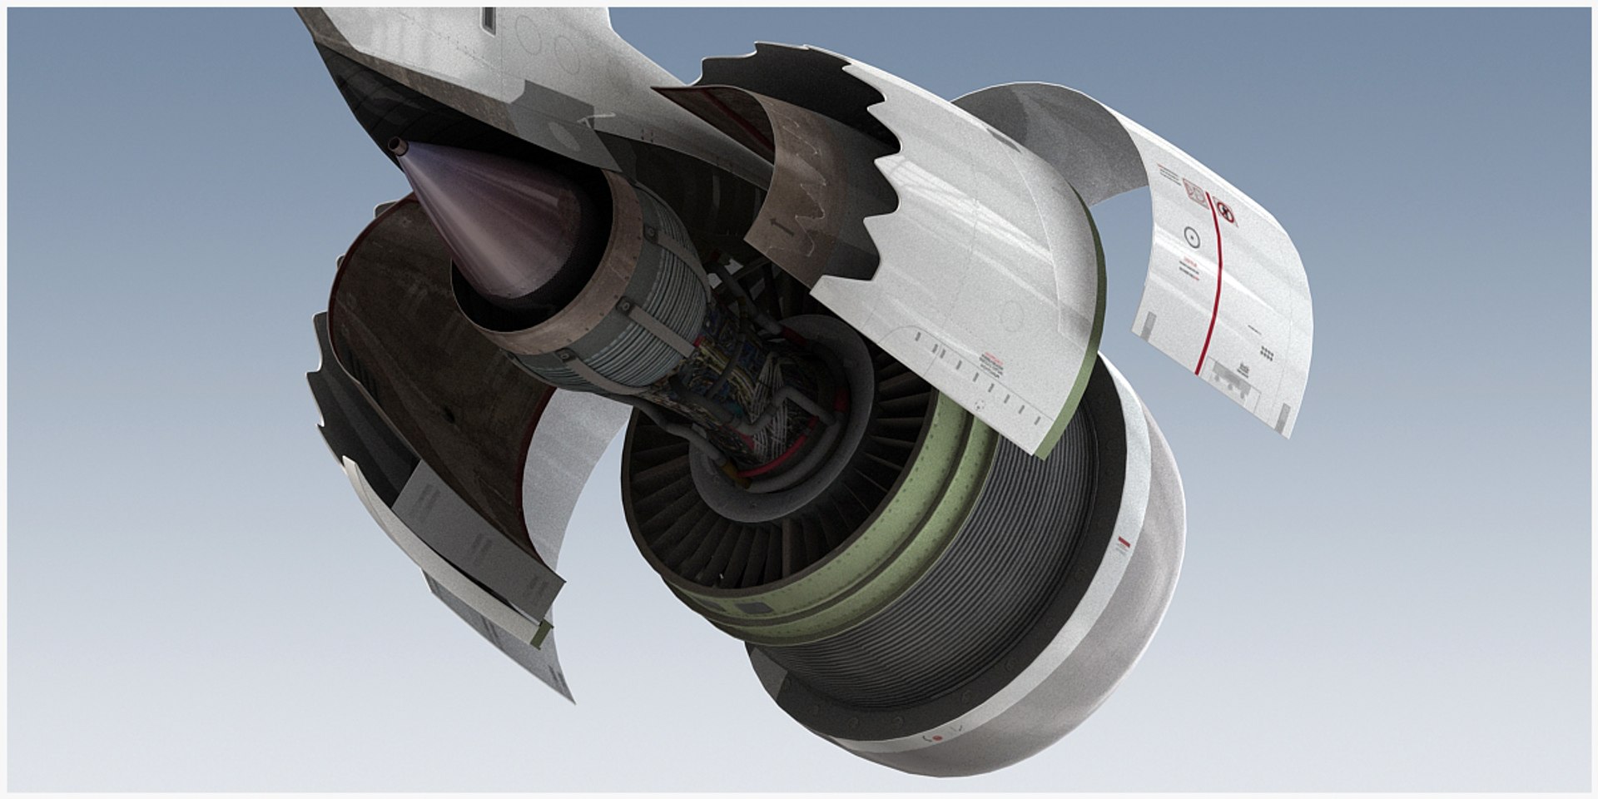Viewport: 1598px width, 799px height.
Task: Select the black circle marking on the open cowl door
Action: pos(1191,239)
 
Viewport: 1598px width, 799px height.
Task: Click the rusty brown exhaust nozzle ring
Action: pos(549,316)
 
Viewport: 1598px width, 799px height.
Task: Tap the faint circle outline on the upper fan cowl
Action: pos(1011,314)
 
